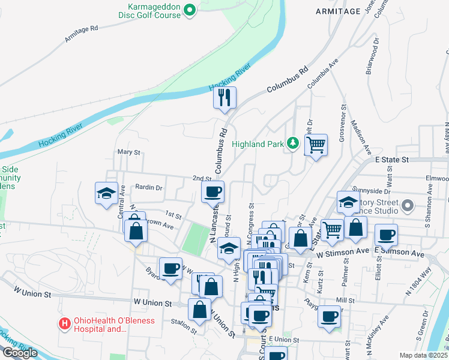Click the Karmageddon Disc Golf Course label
[149, 10]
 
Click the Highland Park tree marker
[293, 143]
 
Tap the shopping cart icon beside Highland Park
[316, 145]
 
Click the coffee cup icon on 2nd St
[212, 192]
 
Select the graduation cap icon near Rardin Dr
[106, 193]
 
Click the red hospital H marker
[64, 324]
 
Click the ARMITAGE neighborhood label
[337, 11]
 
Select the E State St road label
[391, 160]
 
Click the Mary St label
[128, 152]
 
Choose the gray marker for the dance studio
[408, 206]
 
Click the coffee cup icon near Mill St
[328, 316]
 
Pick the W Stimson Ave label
[341, 253]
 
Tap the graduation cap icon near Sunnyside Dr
[348, 202]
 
